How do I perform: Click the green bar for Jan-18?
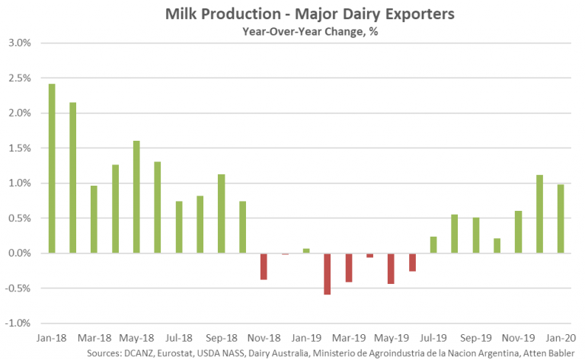point(52,168)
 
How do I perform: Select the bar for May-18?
point(136,196)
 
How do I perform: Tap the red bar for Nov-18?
point(264,266)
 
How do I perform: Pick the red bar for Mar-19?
point(349,267)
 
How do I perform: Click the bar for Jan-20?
point(560,218)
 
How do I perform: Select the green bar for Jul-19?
point(433,244)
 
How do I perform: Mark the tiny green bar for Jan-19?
point(306,250)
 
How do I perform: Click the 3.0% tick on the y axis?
point(18,43)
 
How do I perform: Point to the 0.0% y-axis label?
point(18,253)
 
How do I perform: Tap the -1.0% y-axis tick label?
point(17,323)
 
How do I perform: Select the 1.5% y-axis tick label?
point(18,148)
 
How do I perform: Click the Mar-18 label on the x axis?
point(94,336)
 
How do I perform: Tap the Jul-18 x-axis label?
point(179,336)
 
